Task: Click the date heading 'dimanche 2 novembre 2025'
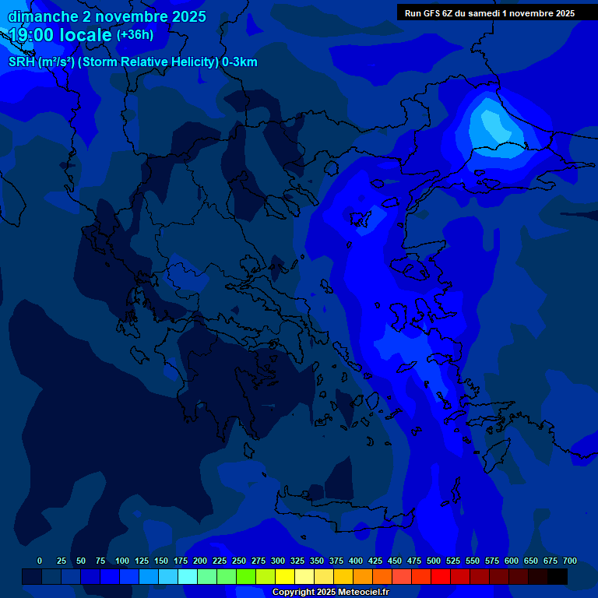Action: pos(107,16)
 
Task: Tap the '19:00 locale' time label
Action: pos(61,35)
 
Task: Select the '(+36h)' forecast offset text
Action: pos(135,35)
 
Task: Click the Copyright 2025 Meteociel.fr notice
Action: pos(330,593)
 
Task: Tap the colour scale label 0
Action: pos(40,561)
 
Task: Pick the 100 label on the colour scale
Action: pos(122,561)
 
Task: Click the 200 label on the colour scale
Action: pos(200,561)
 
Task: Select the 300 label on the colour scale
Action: pos(278,561)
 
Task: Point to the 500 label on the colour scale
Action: pos(434,561)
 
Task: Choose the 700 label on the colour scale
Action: pos(570,561)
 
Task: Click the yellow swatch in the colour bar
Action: pos(285,576)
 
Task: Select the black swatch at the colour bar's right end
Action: pos(558,576)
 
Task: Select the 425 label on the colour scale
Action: pos(375,561)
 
